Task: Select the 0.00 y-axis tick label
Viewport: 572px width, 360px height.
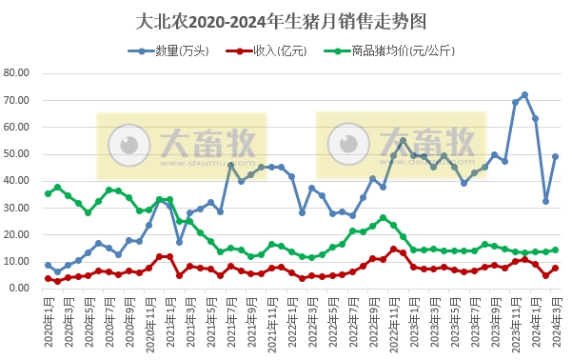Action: point(22,288)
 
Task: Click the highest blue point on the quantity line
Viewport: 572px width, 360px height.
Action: point(524,95)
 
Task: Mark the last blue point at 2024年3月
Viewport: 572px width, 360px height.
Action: point(555,156)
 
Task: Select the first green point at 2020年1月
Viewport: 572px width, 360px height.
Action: point(48,193)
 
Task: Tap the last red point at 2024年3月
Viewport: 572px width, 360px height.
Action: point(555,269)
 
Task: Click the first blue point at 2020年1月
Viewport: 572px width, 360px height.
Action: point(48,265)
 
